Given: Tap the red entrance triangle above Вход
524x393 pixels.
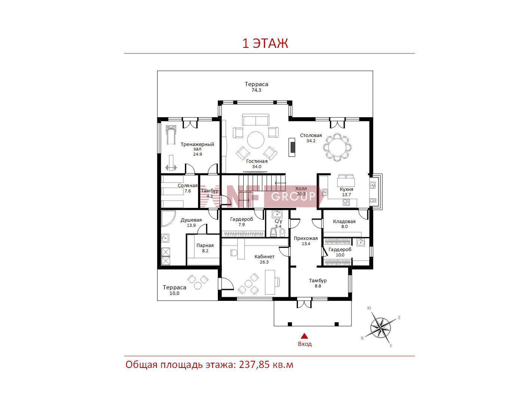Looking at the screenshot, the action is [x=304, y=336].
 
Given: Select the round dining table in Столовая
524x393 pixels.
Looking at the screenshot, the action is [x=337, y=147].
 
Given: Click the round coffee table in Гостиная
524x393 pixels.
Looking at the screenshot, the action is [x=256, y=140].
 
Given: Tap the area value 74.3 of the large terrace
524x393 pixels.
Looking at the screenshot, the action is [x=256, y=90].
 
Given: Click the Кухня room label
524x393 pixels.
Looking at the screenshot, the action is [x=346, y=189].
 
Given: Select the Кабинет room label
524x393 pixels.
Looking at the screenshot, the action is [x=264, y=256].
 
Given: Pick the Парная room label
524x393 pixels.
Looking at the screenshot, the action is [x=205, y=245].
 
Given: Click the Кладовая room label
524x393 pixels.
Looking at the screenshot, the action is [x=344, y=222].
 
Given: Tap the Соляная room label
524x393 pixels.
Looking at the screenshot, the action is [x=188, y=185].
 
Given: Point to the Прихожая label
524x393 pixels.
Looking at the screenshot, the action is [x=305, y=238].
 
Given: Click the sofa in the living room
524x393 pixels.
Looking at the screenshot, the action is [x=256, y=119].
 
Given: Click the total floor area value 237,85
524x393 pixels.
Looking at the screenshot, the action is [x=254, y=365].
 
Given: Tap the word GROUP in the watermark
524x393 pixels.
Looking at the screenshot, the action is [x=293, y=196].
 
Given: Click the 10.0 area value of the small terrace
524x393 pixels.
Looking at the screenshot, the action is [x=174, y=293].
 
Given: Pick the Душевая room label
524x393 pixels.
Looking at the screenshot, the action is [x=191, y=220].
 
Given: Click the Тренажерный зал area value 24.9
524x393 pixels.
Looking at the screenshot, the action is [x=197, y=154].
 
